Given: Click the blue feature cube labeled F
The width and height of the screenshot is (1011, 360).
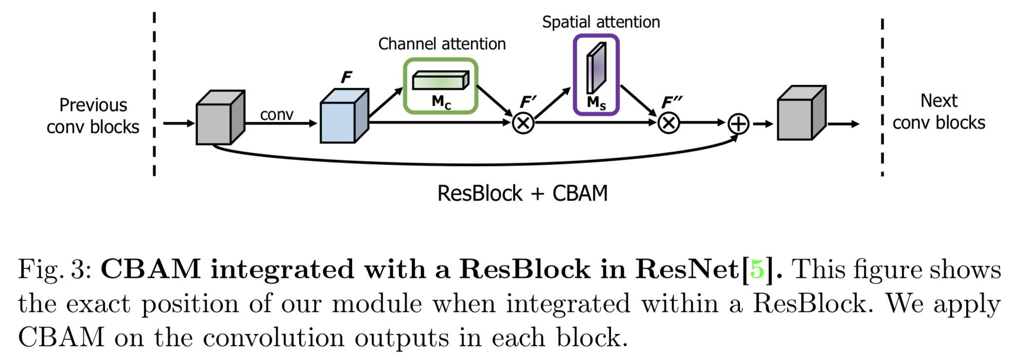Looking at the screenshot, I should (343, 117).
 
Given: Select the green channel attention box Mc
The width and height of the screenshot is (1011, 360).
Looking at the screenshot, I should (440, 86).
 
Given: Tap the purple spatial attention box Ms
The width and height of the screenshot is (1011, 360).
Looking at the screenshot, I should (596, 75).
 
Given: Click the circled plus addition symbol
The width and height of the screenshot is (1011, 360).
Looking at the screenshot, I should (738, 124).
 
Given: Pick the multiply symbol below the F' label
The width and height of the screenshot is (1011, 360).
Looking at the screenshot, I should (523, 123).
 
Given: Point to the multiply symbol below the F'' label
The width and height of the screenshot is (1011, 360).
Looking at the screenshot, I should (668, 123).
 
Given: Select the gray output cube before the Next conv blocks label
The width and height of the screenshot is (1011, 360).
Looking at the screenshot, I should (801, 113).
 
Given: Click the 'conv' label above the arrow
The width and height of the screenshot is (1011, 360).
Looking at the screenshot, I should (276, 114).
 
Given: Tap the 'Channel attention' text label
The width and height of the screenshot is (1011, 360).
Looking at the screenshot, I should (442, 44).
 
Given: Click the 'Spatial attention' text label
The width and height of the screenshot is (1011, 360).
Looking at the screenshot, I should (601, 22).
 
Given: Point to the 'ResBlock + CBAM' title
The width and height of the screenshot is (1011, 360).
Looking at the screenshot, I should (522, 193).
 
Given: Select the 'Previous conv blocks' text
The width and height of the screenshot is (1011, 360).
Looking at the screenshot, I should (93, 116).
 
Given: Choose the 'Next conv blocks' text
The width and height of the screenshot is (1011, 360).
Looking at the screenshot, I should (939, 112).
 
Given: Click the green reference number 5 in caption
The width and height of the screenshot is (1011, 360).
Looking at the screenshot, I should (757, 269).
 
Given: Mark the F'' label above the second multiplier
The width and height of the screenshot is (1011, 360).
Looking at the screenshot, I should (672, 102).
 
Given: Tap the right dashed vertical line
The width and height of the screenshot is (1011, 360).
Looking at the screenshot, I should (882, 97).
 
